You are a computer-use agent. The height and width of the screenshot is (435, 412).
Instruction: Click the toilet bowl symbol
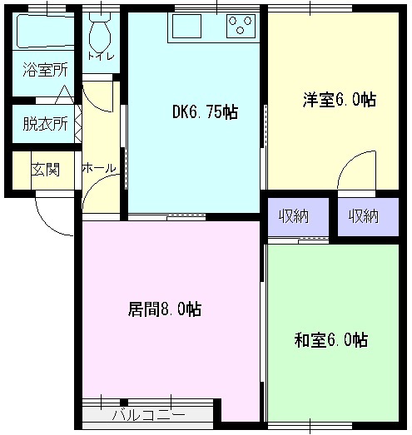coord(100,33)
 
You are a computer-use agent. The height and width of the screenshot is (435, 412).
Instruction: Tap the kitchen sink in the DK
coord(186,26)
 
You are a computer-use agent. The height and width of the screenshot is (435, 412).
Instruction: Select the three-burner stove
coord(241,26)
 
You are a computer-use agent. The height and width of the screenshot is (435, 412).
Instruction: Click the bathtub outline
coord(45,31)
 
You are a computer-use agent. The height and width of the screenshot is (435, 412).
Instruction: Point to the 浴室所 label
coord(45,70)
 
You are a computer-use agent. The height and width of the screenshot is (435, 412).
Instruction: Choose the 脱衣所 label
coord(45,124)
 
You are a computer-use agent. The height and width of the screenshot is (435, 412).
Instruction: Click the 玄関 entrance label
coord(45,169)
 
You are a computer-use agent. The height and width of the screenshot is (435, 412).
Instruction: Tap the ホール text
coord(99,168)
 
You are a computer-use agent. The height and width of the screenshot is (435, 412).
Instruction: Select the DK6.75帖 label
coord(205,112)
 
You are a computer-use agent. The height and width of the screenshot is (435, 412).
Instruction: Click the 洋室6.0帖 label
coord(340,100)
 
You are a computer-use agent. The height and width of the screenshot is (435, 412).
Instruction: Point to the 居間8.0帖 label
coord(165,309)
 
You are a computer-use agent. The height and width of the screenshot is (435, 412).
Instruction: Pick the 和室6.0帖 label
coord(331,340)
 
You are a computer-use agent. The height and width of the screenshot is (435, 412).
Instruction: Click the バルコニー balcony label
coord(148,415)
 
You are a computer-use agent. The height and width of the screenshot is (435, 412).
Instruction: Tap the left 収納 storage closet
coord(299,216)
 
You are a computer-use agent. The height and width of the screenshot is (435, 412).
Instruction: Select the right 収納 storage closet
coord(368,216)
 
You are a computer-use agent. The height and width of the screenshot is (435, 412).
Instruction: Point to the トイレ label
coord(101,57)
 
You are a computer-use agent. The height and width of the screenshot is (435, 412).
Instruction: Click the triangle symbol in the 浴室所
coord(65,94)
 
